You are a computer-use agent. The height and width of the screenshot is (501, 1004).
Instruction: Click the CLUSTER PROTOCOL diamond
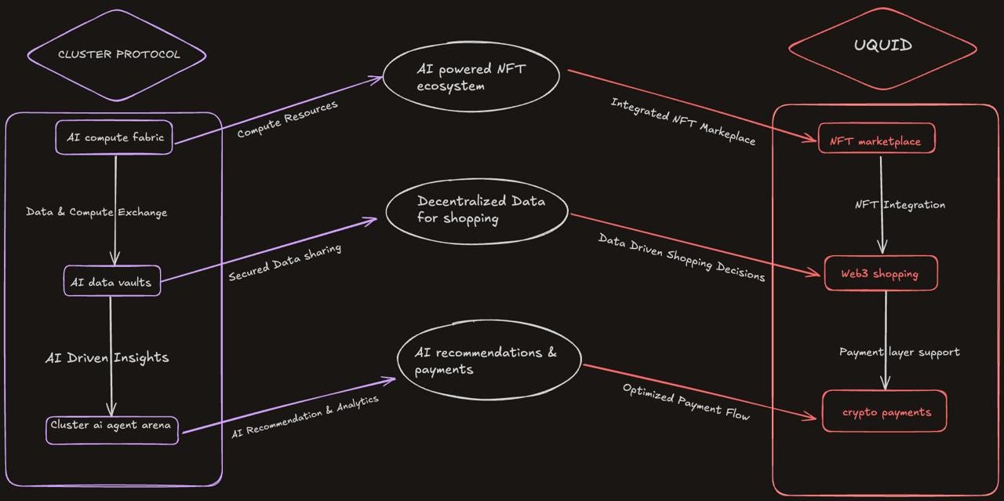118,54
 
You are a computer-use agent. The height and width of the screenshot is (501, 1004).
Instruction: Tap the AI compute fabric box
114,138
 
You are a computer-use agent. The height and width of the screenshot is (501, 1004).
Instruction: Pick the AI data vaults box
111,281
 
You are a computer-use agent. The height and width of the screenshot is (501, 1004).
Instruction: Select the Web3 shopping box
880,273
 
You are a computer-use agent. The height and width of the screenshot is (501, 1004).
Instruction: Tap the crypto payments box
884,411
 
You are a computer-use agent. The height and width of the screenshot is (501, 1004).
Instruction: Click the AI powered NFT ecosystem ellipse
471,77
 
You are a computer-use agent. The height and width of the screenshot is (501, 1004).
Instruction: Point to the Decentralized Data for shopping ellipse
477,210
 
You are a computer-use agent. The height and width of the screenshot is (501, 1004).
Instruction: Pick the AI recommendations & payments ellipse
489,360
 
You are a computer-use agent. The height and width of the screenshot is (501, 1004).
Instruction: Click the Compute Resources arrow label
287,119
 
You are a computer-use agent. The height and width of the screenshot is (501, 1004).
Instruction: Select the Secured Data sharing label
285,263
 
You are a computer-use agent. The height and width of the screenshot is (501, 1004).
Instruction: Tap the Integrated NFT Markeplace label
682,122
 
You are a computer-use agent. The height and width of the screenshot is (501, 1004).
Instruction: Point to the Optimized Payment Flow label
686,402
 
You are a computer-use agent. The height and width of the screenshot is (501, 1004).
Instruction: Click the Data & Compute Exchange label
96,212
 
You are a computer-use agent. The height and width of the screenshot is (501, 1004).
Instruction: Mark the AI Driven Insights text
107,357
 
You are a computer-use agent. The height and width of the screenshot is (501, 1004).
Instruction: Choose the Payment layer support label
899,352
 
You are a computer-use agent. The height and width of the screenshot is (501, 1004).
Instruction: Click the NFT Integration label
900,205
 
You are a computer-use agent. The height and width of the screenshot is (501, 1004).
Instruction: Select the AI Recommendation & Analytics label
305,417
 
